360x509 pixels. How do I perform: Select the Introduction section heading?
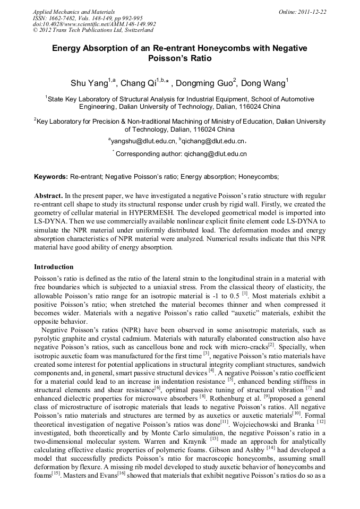click(x=54, y=267)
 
